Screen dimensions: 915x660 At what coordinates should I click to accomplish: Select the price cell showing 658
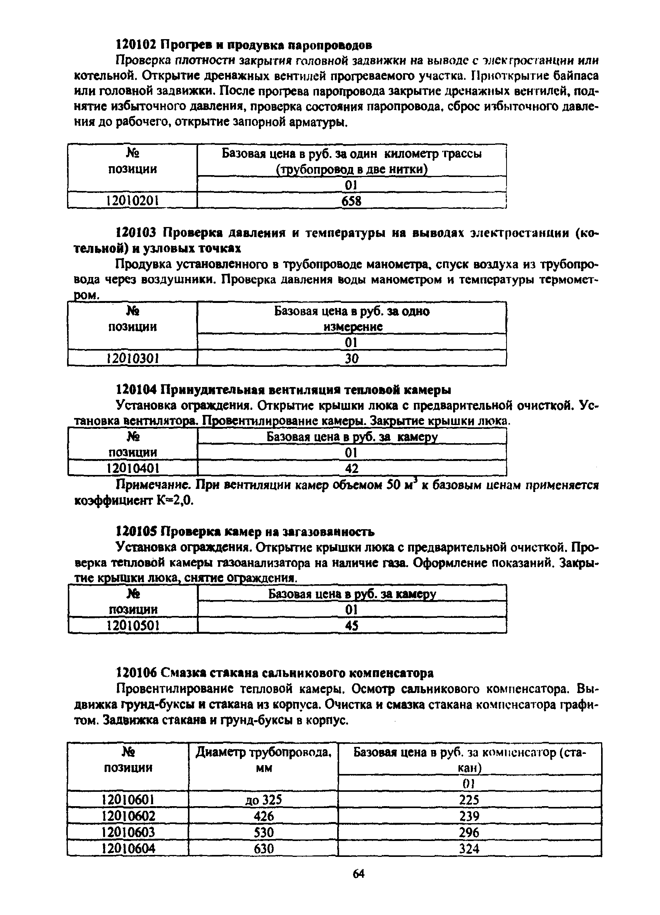[351, 201]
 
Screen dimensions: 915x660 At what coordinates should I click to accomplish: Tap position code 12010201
[132, 201]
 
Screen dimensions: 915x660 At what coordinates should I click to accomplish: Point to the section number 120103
[136, 233]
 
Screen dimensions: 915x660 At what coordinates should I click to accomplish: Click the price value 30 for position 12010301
[352, 358]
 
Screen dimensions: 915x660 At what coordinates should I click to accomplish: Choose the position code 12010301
[133, 358]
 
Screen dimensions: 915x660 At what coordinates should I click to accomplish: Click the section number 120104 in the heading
[136, 390]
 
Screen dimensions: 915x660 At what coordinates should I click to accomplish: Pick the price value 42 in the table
[352, 468]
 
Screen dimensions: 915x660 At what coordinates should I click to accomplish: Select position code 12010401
[133, 468]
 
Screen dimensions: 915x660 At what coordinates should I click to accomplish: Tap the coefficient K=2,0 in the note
[176, 500]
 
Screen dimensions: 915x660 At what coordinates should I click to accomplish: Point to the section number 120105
[136, 532]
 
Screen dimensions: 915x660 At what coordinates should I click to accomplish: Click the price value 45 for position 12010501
[352, 626]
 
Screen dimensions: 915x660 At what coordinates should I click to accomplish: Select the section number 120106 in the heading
[136, 673]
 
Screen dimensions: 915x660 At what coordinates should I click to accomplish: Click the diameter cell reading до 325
[263, 800]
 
